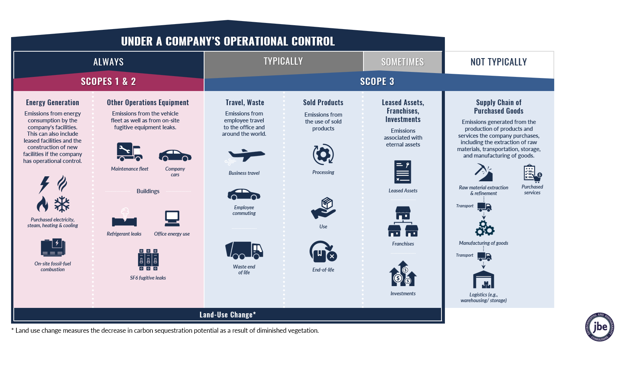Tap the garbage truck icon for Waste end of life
coord(244,251)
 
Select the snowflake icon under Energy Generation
coord(62,204)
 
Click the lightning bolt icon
coord(44,184)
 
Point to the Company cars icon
coord(175,155)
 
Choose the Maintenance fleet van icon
coord(130,152)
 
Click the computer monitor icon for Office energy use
coord(172,218)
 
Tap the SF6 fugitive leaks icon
coord(148,260)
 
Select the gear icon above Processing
coord(323,155)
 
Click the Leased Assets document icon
coord(403,172)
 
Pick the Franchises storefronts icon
coord(403,222)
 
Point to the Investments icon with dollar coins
coord(403,274)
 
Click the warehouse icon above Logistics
coord(483,280)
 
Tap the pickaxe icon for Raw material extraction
coord(483,172)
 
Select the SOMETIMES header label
coord(402,62)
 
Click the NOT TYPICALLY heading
coord(498,62)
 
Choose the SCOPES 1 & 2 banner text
coord(108,81)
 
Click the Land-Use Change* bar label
coord(227,315)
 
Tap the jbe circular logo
coord(599,327)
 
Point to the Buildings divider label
coord(148,191)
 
